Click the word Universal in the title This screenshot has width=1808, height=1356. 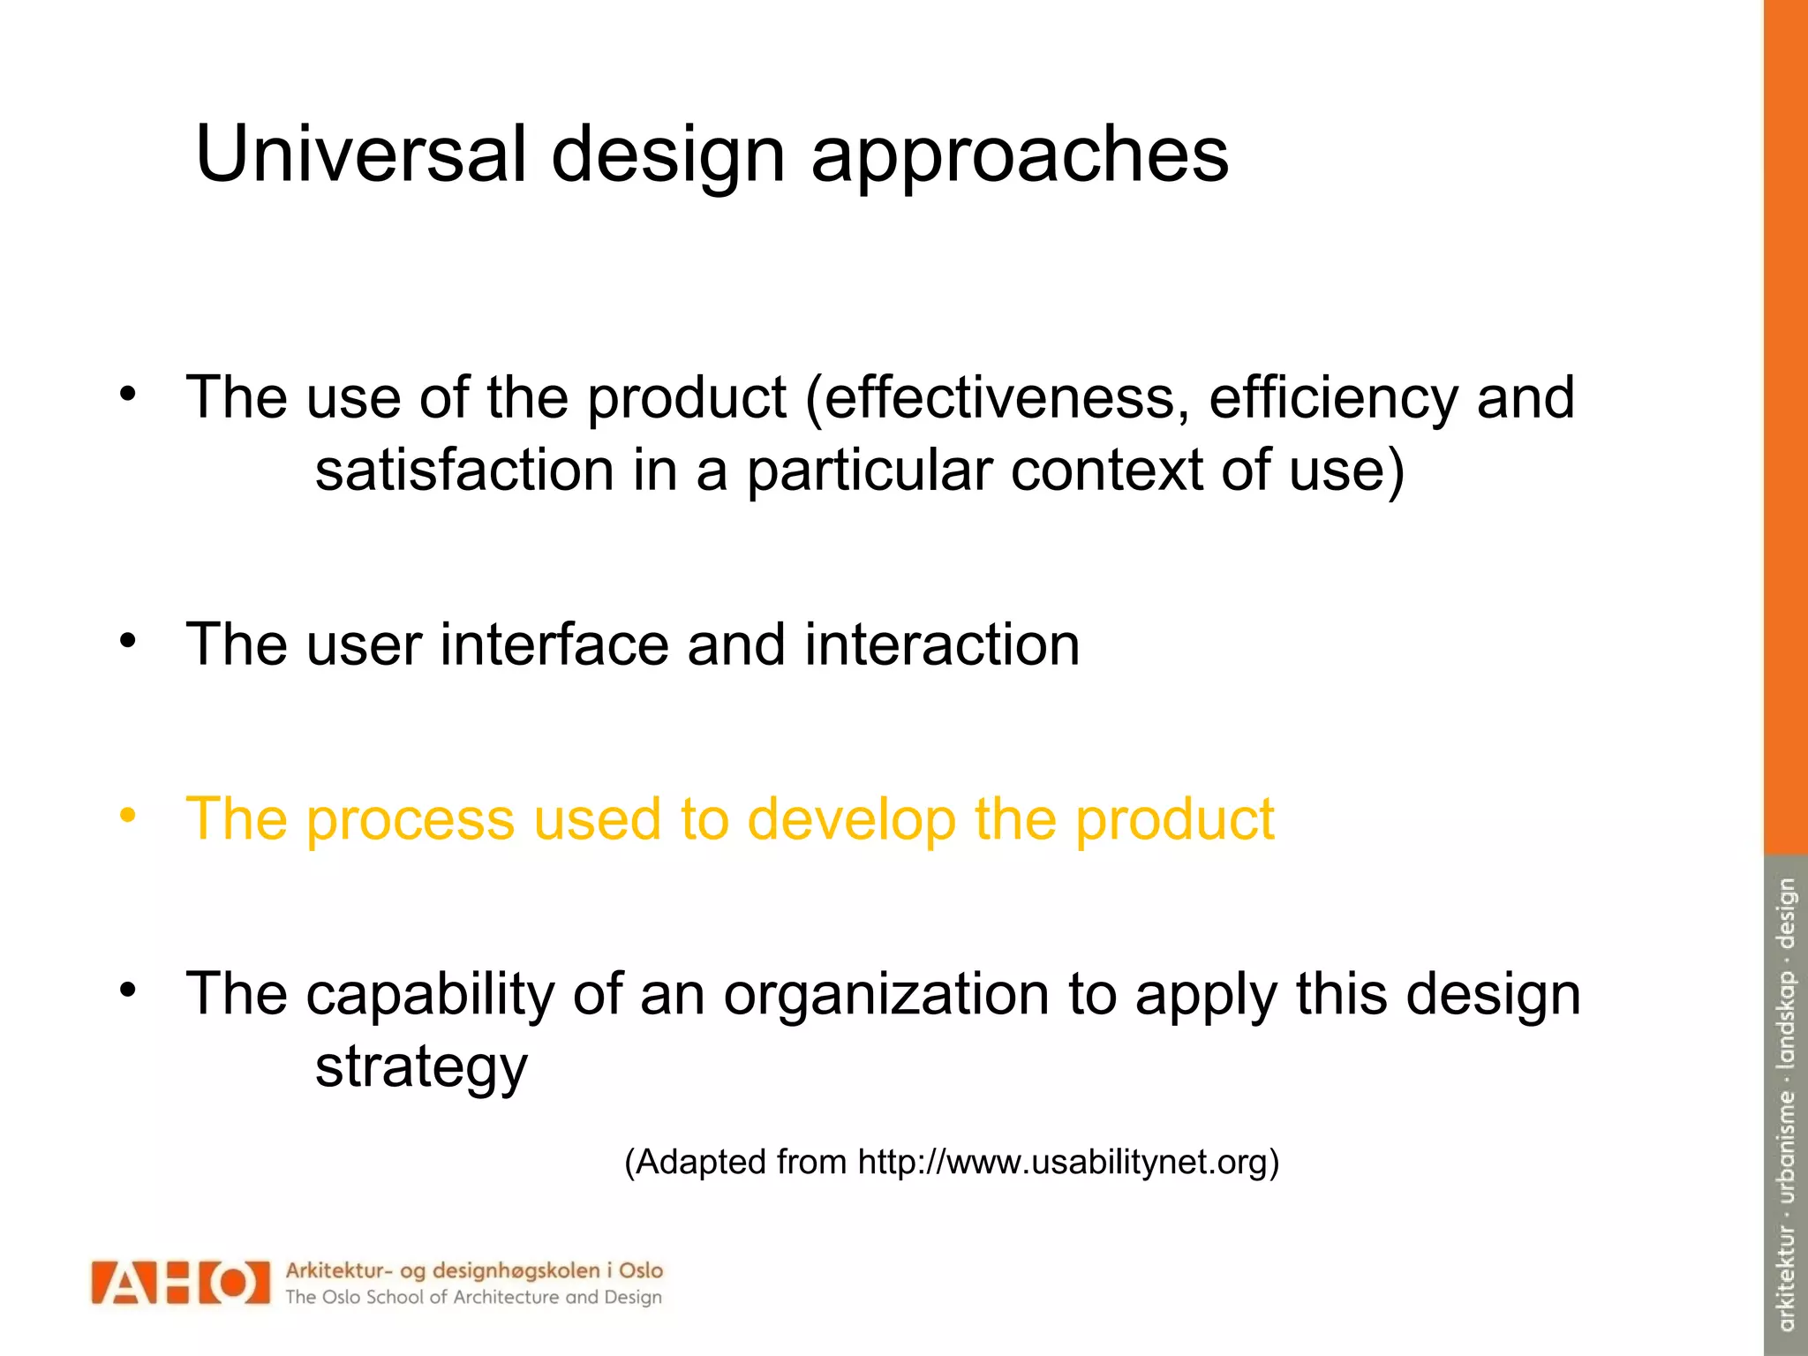point(360,154)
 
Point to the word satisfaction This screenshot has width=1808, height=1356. point(464,470)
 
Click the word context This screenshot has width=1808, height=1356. point(1106,470)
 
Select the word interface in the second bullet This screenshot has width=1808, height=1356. point(555,644)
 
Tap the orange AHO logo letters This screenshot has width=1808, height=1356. point(180,1282)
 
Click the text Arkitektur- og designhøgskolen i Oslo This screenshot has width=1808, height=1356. point(473,1270)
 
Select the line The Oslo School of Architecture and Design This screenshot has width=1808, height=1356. point(473,1297)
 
